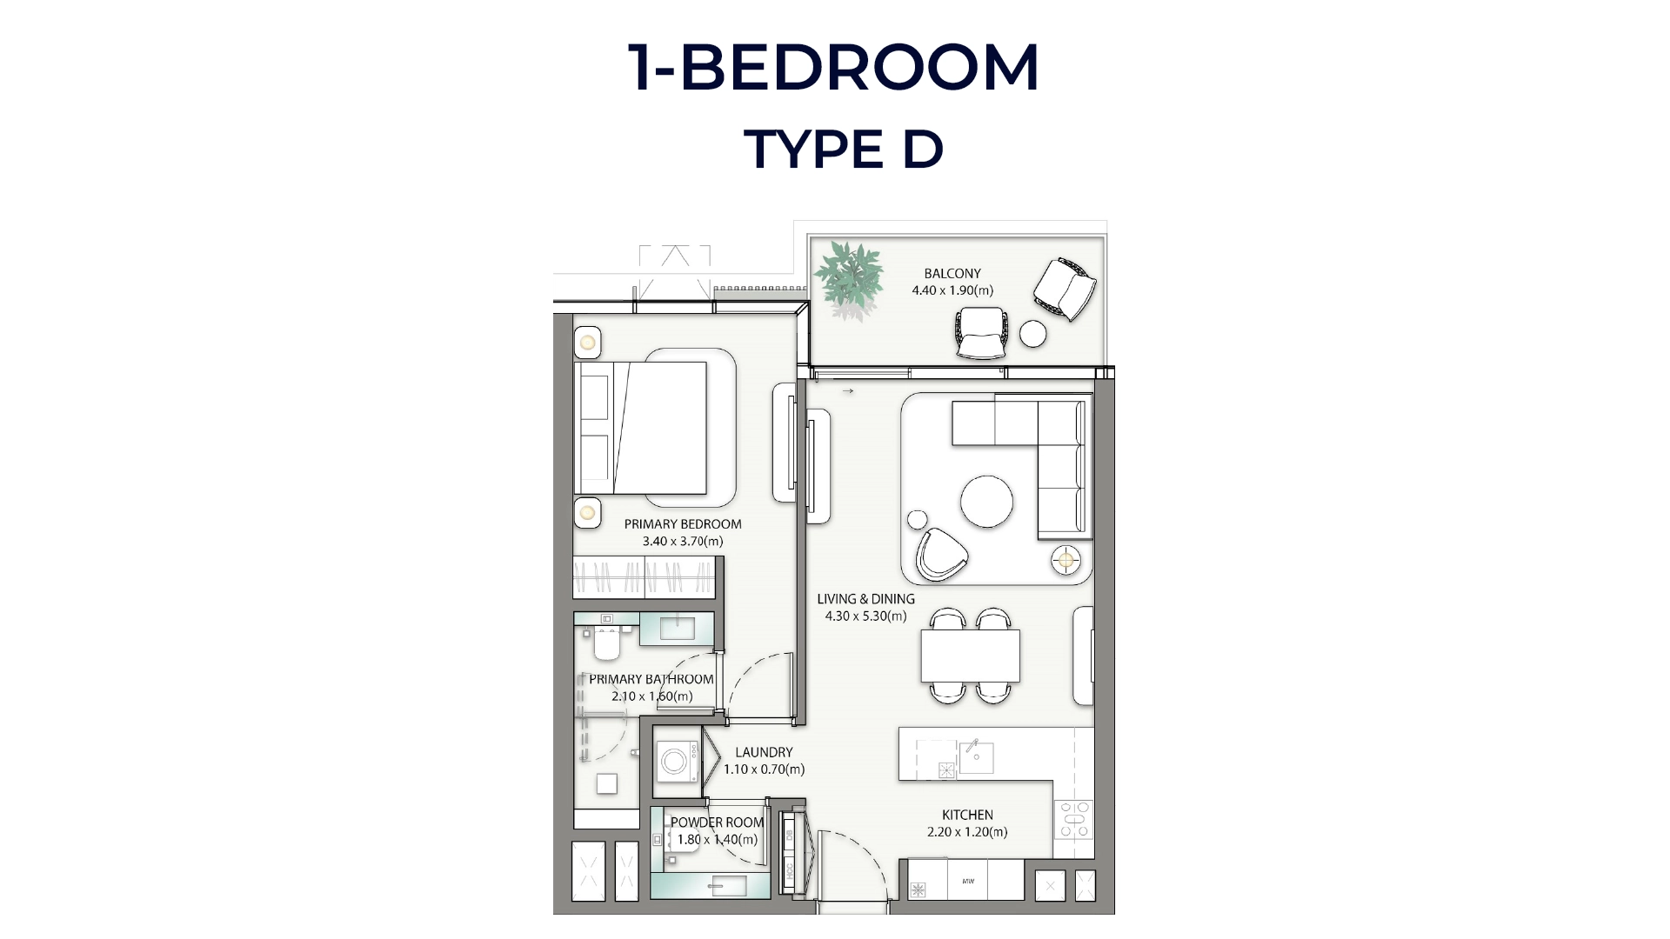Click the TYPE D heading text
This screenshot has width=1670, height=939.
click(844, 150)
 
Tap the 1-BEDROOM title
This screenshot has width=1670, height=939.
click(833, 68)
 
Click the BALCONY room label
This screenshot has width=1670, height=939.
click(952, 273)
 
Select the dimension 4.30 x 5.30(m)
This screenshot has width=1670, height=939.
click(865, 616)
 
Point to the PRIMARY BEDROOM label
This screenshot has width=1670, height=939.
click(683, 524)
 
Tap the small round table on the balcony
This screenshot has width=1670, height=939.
click(1033, 334)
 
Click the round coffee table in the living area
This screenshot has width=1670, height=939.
click(986, 502)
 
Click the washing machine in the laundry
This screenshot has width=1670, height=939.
click(676, 763)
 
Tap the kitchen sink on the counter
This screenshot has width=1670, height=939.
click(977, 758)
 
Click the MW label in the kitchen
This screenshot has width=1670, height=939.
click(968, 882)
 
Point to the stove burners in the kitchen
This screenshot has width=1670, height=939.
click(1074, 819)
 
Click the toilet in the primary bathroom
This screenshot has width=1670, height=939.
click(606, 643)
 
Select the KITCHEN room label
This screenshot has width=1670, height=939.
click(967, 815)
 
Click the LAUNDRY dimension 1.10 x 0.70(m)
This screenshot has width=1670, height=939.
click(764, 769)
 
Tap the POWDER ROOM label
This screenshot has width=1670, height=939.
click(717, 822)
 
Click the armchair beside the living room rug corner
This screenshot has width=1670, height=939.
click(941, 554)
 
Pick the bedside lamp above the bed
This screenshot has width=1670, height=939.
click(587, 343)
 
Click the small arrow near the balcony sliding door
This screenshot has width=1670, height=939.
click(848, 391)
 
